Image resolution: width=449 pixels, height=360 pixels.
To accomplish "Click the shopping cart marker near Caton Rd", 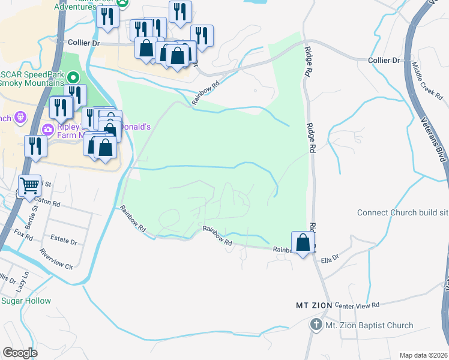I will [29, 185].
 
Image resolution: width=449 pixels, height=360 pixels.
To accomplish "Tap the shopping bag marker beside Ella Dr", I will [303, 243].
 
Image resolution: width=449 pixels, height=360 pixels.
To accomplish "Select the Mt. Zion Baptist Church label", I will [369, 326].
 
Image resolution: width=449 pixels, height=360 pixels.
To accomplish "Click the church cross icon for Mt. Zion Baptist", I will [316, 325].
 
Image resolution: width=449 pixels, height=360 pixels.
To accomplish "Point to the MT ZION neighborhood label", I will [314, 305].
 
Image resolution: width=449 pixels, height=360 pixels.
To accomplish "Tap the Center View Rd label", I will [357, 305].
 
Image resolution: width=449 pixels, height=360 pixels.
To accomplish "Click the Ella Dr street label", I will [330, 259].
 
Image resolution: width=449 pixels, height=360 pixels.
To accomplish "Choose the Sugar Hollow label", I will [26, 301].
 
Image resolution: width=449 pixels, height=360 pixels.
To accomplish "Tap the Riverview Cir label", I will [55, 263].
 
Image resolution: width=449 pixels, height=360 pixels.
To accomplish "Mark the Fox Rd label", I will [23, 233].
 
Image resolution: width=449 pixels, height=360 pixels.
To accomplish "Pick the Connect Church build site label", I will [403, 212].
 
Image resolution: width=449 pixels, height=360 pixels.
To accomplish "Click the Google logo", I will [19, 353].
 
